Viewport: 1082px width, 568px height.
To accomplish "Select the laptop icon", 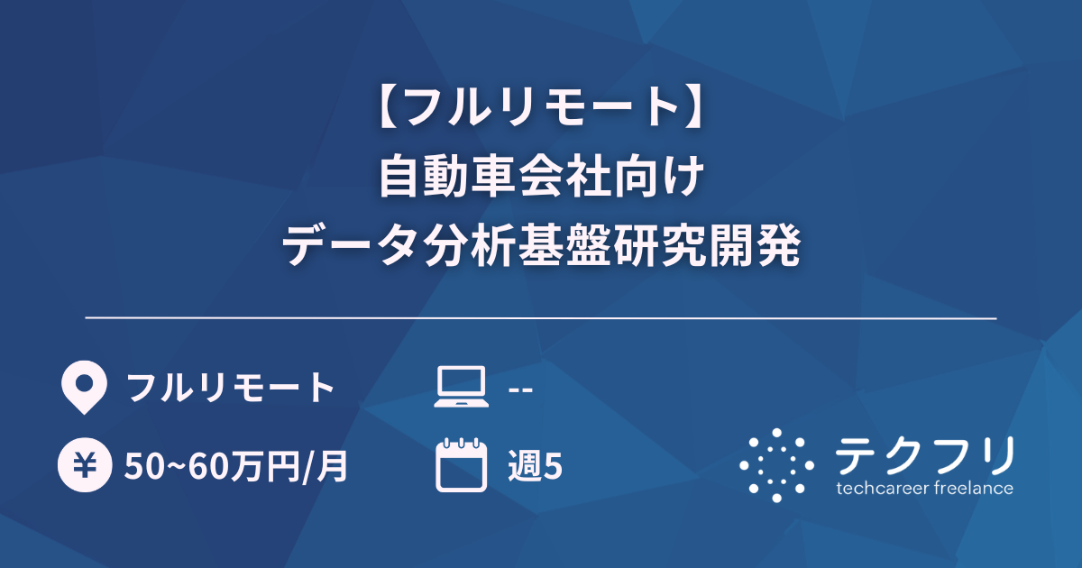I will [x=461, y=388].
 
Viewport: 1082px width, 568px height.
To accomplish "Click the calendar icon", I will [x=461, y=465].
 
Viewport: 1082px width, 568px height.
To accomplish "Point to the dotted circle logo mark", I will [x=776, y=465].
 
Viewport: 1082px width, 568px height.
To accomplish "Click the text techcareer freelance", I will [x=924, y=489].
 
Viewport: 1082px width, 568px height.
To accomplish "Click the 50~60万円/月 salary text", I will [x=237, y=466].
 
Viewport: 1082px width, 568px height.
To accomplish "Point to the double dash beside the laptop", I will [x=520, y=389].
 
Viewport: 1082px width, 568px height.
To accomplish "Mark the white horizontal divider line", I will [x=541, y=318].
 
